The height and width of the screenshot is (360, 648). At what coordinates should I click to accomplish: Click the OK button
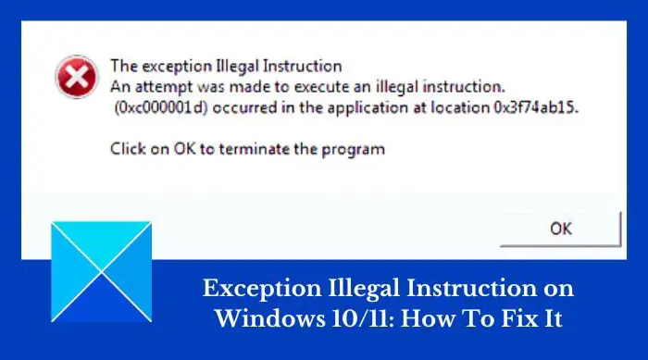point(561,228)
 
